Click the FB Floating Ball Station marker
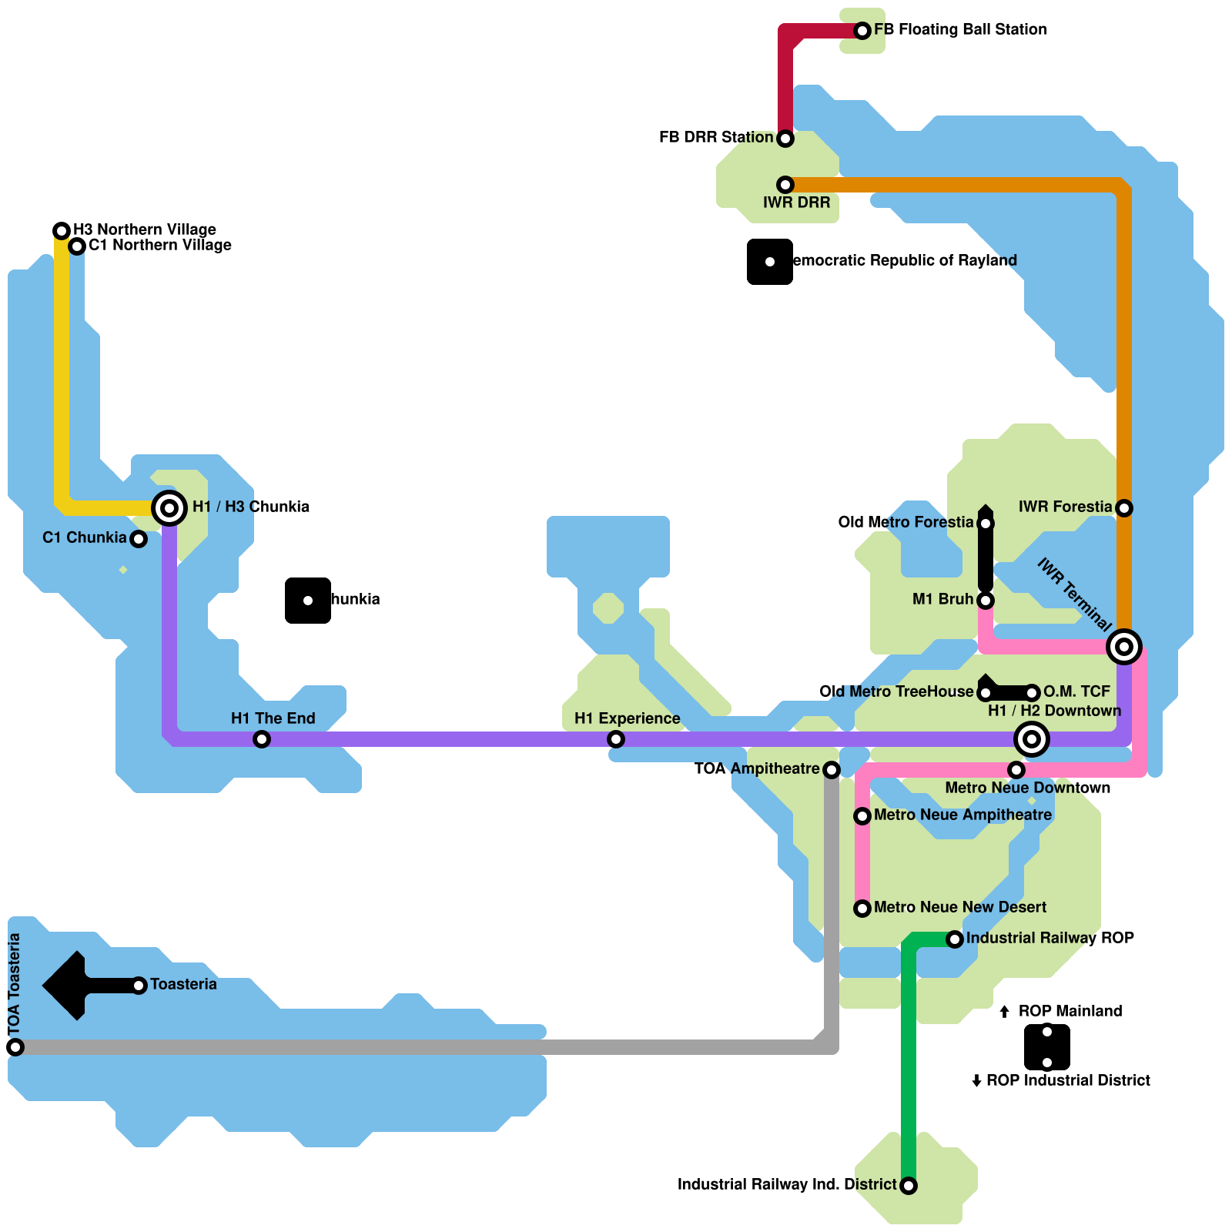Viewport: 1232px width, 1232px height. (x=862, y=31)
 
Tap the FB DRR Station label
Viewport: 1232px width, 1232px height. (x=716, y=138)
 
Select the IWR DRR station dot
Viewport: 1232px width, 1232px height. (x=785, y=185)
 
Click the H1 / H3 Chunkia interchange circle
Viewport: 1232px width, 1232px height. (x=169, y=508)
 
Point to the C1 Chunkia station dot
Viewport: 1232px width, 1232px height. (x=139, y=539)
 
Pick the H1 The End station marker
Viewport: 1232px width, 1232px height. (x=262, y=739)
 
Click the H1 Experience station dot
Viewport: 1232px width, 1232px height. (x=616, y=739)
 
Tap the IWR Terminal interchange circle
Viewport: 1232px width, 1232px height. (x=1124, y=647)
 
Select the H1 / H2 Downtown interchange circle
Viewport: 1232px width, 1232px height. (x=1032, y=739)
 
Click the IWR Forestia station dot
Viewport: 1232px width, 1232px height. (x=1124, y=508)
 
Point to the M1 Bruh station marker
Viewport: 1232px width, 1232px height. (x=986, y=601)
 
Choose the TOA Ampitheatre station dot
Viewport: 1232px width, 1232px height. (x=832, y=770)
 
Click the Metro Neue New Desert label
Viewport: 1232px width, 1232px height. (x=960, y=908)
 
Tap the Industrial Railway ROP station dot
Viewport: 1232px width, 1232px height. (x=955, y=939)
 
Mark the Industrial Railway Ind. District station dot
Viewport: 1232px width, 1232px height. (x=909, y=1186)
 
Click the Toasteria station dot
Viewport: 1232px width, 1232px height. (x=139, y=986)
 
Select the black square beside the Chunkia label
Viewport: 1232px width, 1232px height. (x=308, y=601)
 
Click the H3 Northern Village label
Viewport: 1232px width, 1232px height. (x=145, y=230)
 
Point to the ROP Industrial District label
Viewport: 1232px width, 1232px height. (x=1068, y=1081)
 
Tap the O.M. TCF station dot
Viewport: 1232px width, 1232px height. (x=1032, y=693)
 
